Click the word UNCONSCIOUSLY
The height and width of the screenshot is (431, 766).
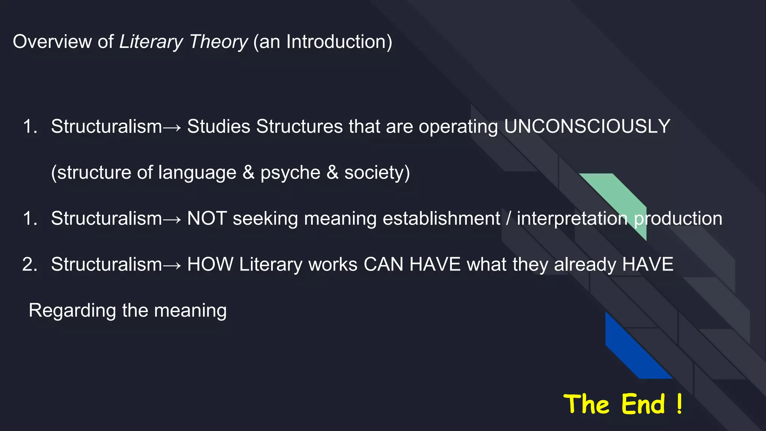click(587, 126)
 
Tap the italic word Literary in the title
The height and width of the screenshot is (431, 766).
click(151, 42)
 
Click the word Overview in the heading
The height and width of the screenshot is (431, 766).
click(52, 42)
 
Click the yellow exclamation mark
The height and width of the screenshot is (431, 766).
click(679, 404)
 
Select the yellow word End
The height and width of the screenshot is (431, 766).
click(643, 404)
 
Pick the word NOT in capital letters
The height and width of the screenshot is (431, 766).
click(207, 218)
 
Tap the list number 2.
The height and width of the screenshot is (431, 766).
click(30, 265)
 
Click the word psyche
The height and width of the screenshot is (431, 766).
click(290, 173)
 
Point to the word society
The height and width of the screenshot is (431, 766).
click(374, 173)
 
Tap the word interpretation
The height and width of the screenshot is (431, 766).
click(572, 219)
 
